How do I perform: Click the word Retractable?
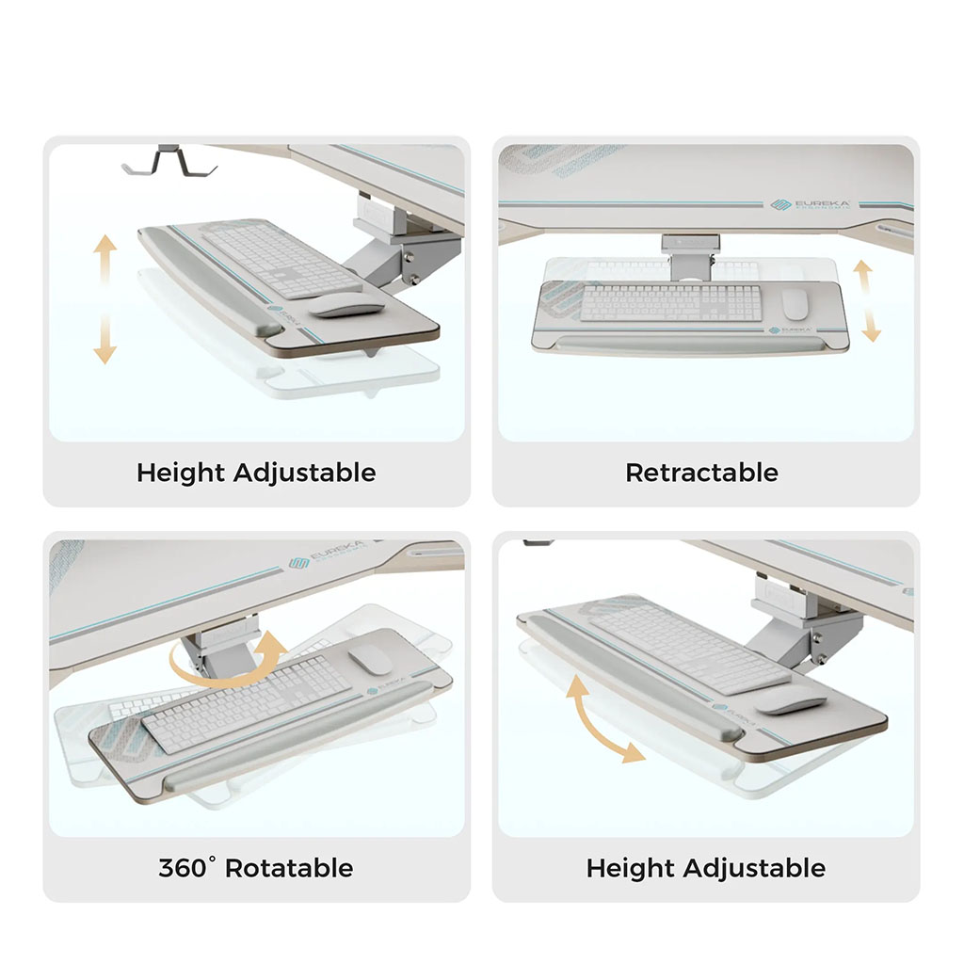pyautogui.click(x=701, y=473)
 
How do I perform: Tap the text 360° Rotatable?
pyautogui.click(x=255, y=868)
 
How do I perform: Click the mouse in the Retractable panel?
pyautogui.click(x=795, y=303)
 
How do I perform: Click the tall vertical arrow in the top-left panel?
pyautogui.click(x=105, y=299)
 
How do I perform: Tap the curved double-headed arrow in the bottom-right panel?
pyautogui.click(x=602, y=721)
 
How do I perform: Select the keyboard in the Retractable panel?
pyautogui.click(x=670, y=302)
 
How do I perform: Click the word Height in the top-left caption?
pyautogui.click(x=181, y=473)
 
